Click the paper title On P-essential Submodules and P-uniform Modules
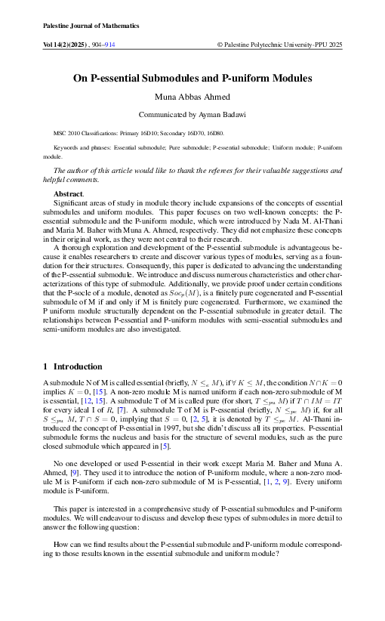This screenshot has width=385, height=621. (192, 78)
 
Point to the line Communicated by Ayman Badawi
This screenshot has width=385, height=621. (192, 115)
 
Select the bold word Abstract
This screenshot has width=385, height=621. (66, 195)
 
